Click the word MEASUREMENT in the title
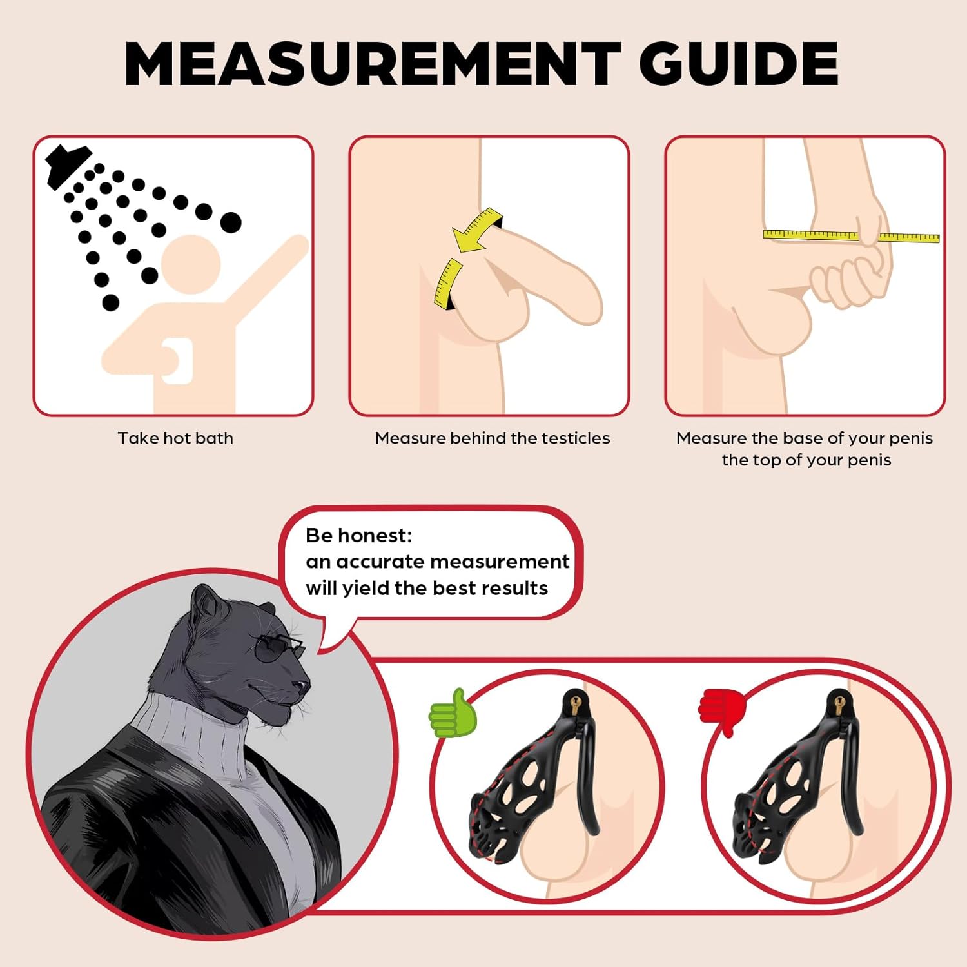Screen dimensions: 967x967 pos(373,63)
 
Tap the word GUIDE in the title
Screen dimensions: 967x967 pos(738,63)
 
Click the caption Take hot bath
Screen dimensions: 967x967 pos(175,438)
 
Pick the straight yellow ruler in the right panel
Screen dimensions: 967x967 pos(851,236)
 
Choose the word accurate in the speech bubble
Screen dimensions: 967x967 pos(380,562)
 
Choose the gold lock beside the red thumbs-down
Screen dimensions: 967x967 pos(839,703)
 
